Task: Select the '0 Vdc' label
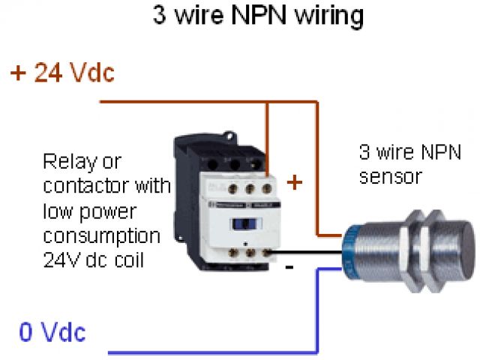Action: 52,331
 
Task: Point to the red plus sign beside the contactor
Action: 295,181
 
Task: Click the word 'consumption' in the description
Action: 101,236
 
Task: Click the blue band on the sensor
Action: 349,247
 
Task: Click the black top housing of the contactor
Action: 217,154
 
